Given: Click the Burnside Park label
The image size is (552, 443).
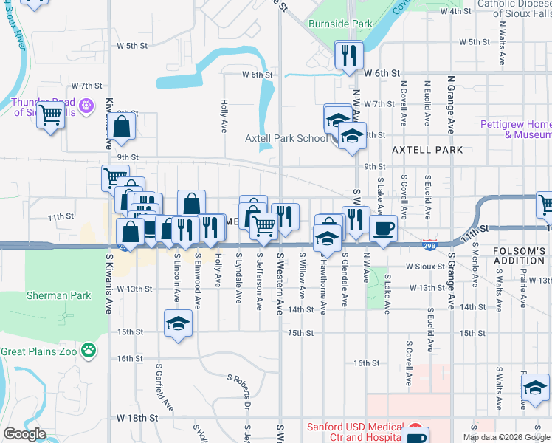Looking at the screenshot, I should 340,24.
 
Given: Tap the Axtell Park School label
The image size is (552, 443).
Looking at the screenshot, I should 286,138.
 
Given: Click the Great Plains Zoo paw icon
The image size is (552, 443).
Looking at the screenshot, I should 89,350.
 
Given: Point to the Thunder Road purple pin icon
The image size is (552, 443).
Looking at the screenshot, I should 86,107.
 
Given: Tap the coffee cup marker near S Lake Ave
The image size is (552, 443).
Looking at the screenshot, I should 383,229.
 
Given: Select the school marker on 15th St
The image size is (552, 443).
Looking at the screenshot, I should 178,324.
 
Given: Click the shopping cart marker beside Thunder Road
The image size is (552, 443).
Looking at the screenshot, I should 50,114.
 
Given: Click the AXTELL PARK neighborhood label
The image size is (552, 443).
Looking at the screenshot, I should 427,150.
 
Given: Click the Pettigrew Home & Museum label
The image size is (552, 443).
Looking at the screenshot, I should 516,129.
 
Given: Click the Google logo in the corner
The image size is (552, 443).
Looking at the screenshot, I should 25,434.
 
